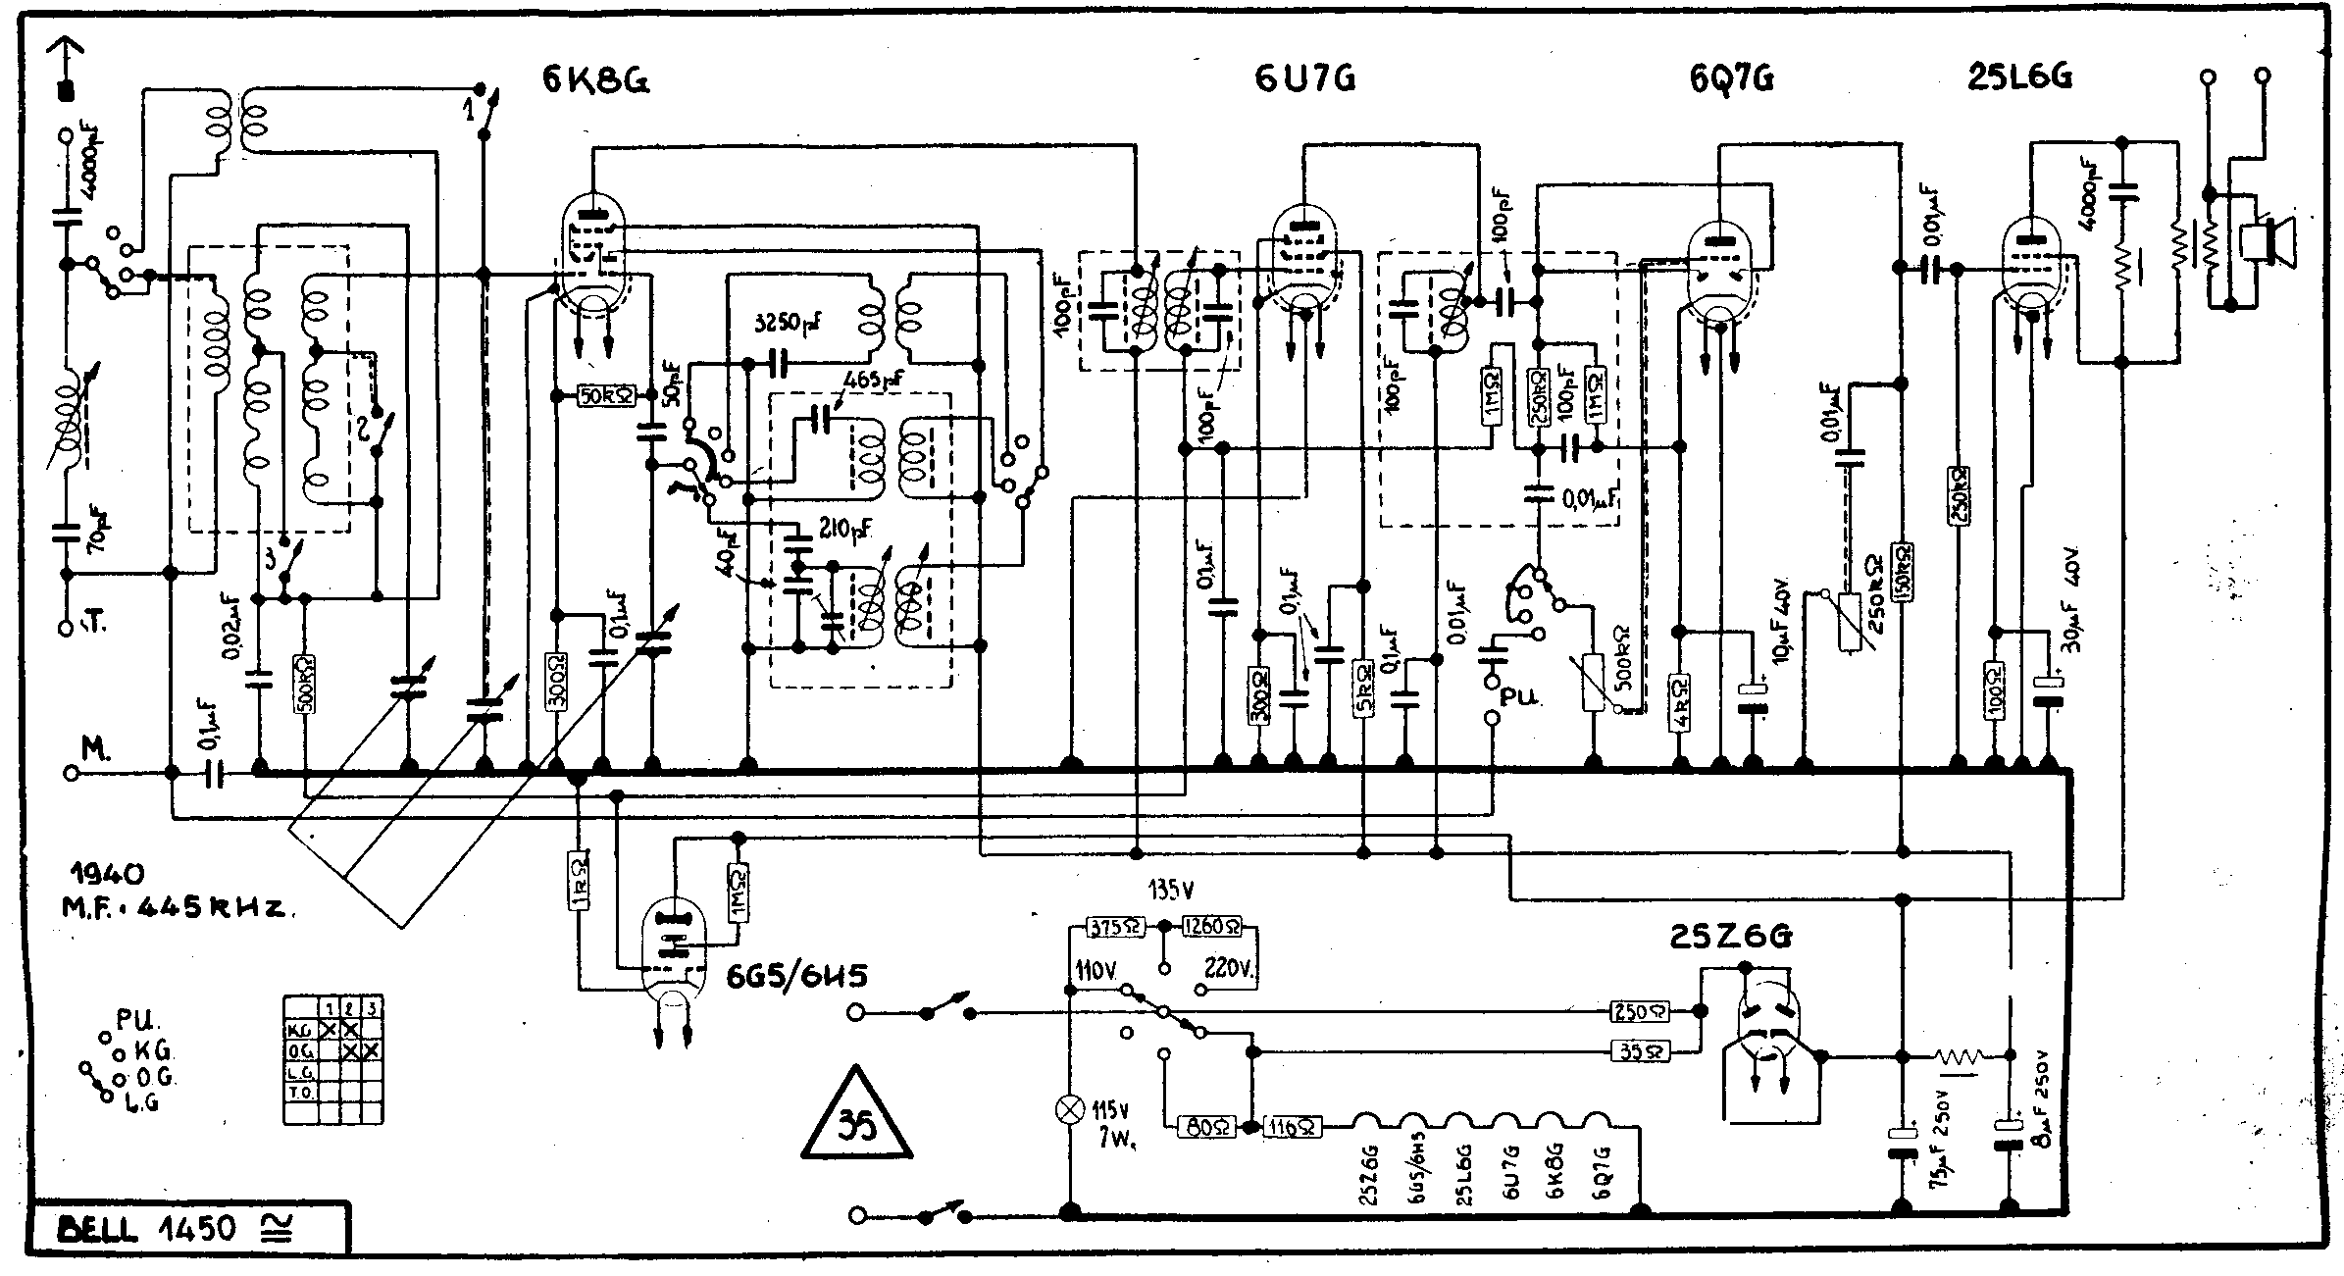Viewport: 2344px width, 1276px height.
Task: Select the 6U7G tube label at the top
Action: tap(1304, 78)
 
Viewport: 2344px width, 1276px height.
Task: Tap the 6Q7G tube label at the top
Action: tap(1731, 78)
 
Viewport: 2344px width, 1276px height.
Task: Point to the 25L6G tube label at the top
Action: tap(2019, 77)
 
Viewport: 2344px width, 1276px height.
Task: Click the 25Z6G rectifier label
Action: tap(1730, 938)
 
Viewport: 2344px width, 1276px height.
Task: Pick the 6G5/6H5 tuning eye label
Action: tap(795, 977)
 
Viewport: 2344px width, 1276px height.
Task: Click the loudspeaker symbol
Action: tap(2268, 240)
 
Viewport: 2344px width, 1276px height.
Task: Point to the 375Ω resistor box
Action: tap(1115, 927)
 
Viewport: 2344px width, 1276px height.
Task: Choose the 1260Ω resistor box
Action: tap(1212, 927)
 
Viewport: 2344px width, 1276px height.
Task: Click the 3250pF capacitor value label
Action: tap(790, 324)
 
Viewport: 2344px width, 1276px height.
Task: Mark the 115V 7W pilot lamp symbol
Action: tap(1071, 1109)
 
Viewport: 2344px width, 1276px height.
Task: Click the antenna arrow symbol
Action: tap(66, 69)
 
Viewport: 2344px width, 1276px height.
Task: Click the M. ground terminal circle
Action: tap(71, 773)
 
